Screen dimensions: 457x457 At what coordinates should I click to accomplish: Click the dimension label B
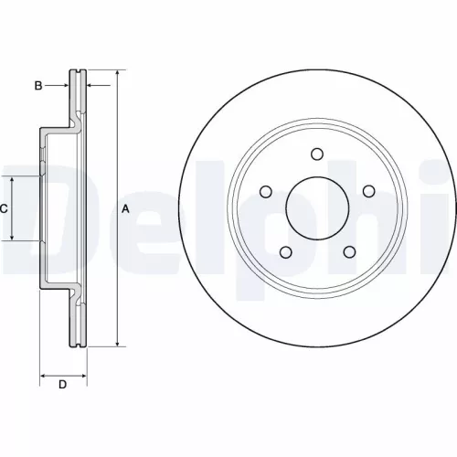click(x=38, y=86)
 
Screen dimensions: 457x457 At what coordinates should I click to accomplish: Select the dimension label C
click(x=4, y=209)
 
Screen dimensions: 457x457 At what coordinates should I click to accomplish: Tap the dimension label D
click(x=62, y=385)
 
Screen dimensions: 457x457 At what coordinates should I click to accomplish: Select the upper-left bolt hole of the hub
click(x=266, y=191)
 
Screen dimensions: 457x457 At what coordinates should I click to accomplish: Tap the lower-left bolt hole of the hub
click(x=285, y=251)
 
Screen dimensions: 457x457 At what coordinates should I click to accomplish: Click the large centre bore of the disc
click(x=316, y=208)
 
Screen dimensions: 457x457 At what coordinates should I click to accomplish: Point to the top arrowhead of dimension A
click(x=117, y=74)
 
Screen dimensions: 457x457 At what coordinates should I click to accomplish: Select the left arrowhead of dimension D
click(x=43, y=374)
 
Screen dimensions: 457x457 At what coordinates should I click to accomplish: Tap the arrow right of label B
click(x=64, y=86)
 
